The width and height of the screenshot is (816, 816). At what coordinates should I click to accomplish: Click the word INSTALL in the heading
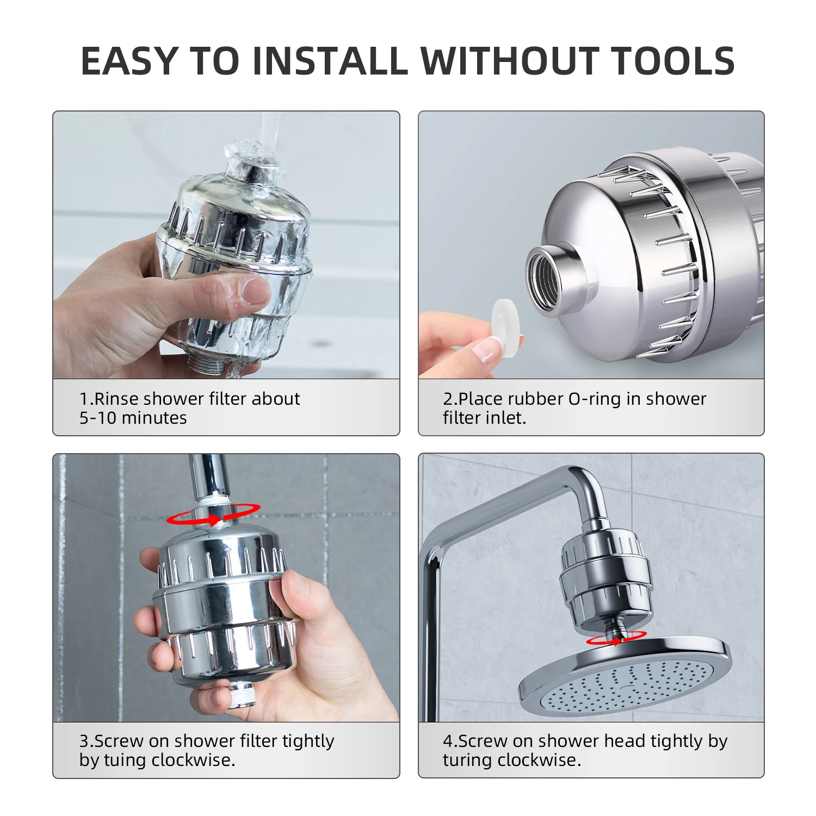(330, 60)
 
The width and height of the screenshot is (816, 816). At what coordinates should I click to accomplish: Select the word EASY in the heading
(129, 60)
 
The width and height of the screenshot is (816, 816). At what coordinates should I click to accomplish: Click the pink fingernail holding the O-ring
(486, 349)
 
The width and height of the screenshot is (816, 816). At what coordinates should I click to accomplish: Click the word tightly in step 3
(308, 741)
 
